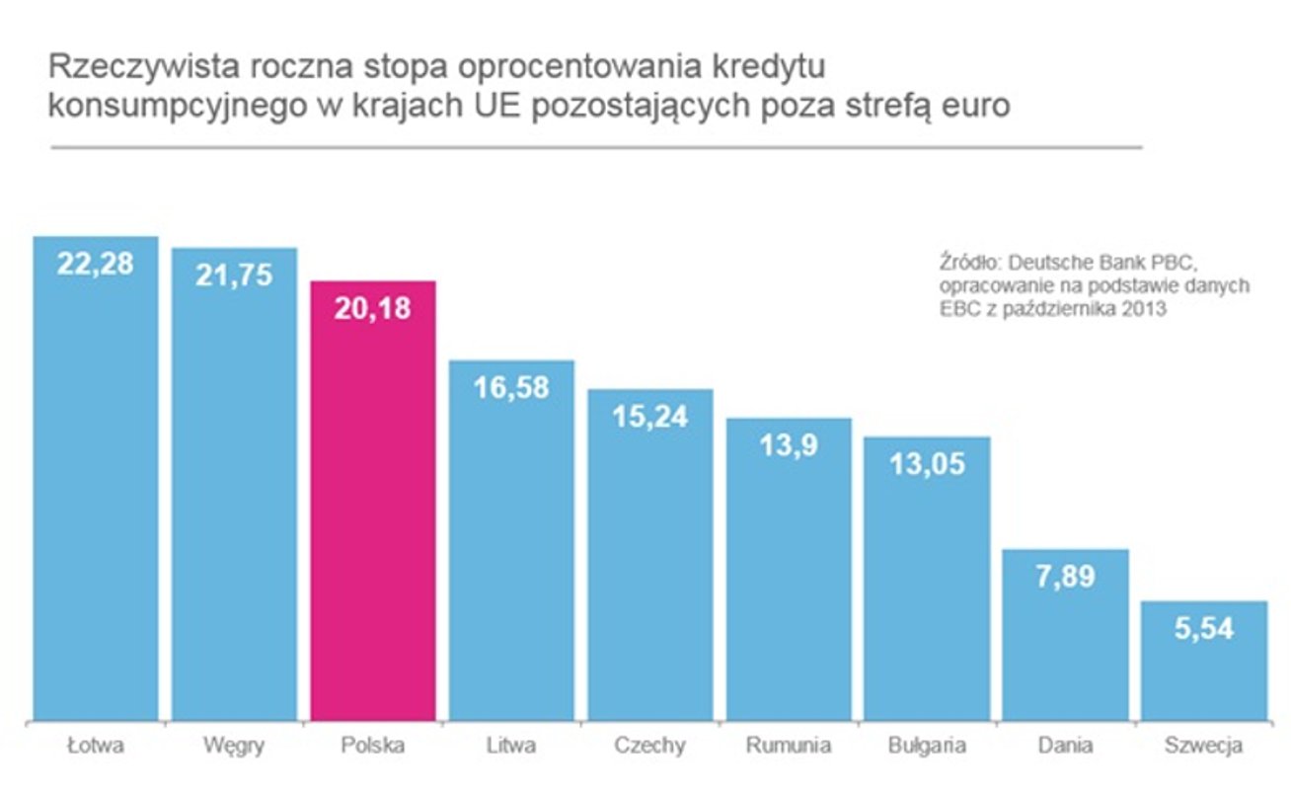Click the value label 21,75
[x=234, y=276]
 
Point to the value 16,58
[x=511, y=387]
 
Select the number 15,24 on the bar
[x=649, y=417]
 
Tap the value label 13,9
[x=789, y=445]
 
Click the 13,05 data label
[x=927, y=463]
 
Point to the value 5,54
[x=1203, y=628]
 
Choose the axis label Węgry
[x=234, y=746]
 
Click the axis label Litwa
[x=511, y=746]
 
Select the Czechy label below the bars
[x=649, y=746]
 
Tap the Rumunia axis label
[x=789, y=746]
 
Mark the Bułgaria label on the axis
[x=927, y=746]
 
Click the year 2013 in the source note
[x=1148, y=308]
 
